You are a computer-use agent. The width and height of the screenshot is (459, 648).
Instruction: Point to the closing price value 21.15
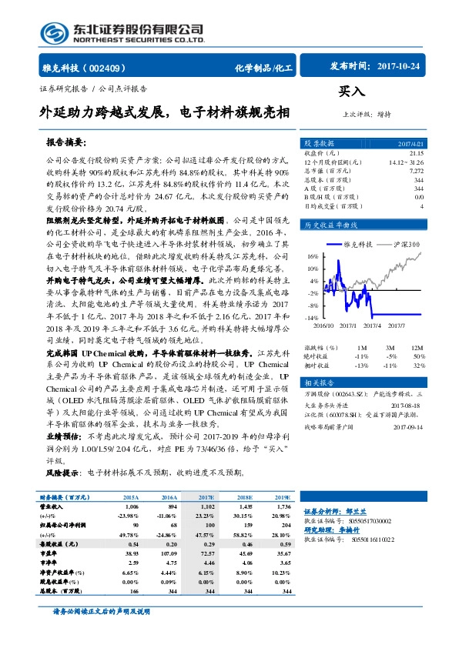tap(416, 153)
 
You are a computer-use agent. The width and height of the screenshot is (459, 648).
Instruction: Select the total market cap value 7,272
tap(416, 170)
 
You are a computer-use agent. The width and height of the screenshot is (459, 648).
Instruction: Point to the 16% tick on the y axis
tap(313, 256)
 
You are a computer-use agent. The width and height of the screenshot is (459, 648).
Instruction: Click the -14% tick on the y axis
tap(311, 317)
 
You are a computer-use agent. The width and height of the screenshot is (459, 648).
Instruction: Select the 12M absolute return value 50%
tap(418, 356)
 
